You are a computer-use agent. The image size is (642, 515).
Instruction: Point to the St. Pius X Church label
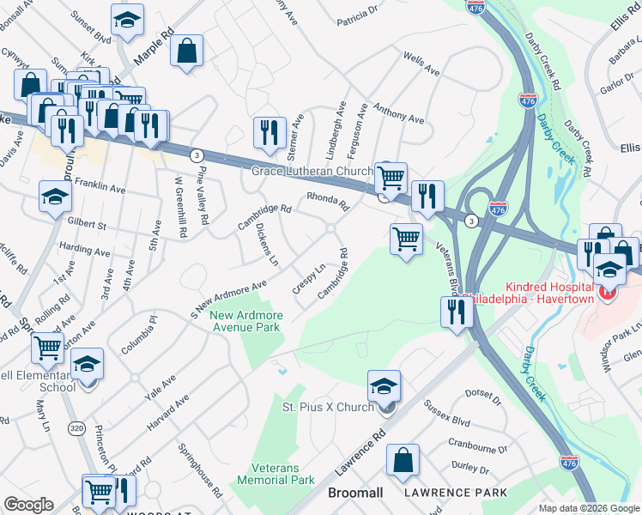[329, 406]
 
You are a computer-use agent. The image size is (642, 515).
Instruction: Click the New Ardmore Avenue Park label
[245, 321]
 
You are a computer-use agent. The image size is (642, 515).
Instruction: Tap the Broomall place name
[356, 493]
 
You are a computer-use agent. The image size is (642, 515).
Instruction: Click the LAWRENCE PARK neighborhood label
[457, 493]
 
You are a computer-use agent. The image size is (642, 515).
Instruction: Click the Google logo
[28, 505]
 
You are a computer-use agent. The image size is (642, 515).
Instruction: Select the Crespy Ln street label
[307, 279]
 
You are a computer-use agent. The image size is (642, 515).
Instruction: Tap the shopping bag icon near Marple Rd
[186, 51]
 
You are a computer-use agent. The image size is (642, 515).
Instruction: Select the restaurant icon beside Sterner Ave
[270, 132]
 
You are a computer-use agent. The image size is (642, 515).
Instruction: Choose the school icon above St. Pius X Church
[384, 385]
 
